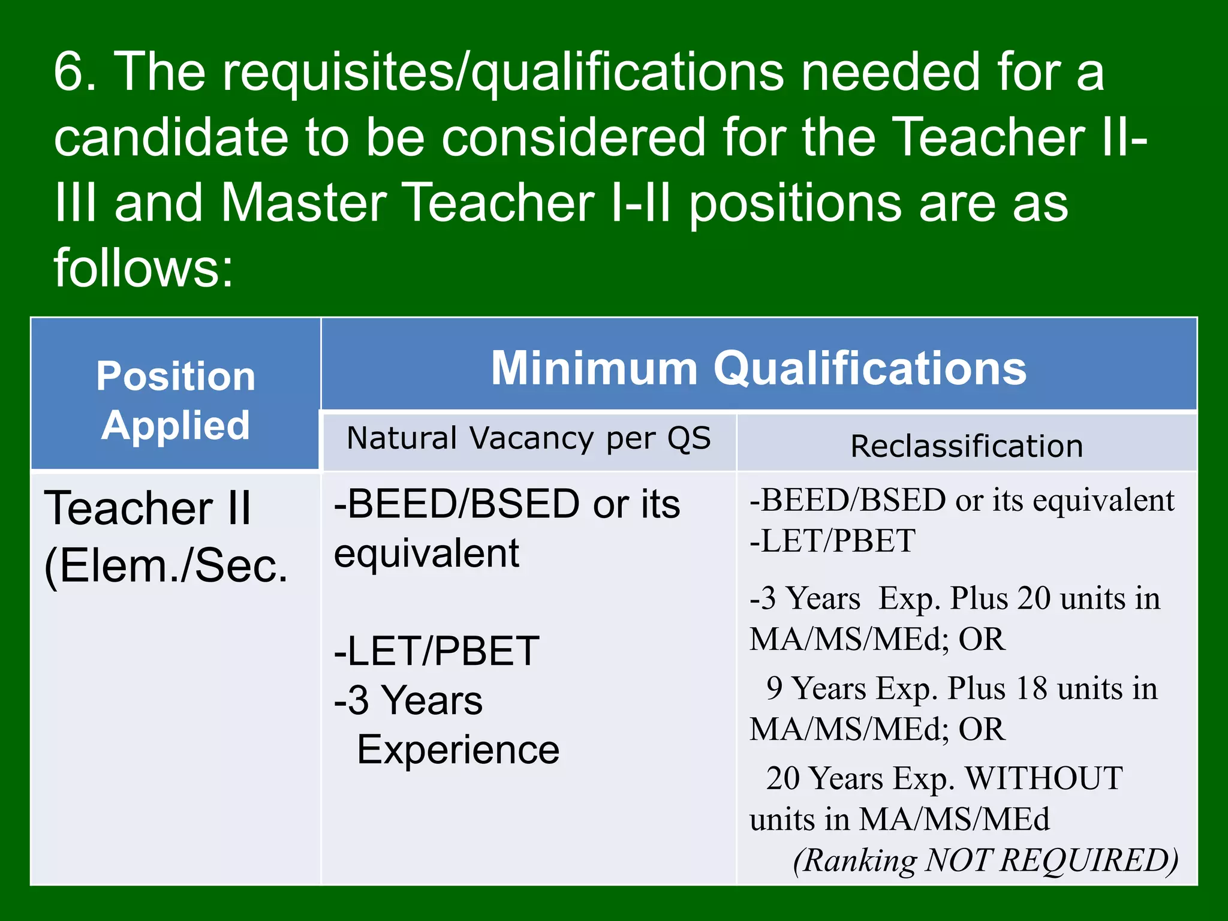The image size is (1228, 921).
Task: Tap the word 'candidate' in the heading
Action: point(171,138)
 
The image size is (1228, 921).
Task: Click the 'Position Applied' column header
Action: point(176,400)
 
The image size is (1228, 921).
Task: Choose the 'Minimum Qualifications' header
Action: point(759,368)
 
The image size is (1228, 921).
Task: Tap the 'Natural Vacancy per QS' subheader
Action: point(529,438)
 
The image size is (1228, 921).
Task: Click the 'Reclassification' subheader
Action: point(967,446)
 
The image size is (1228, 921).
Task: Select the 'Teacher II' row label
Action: point(148,508)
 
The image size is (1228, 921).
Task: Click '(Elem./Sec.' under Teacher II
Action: point(166,565)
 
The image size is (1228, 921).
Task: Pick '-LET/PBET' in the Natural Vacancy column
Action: point(437,651)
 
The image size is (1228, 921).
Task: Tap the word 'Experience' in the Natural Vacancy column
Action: point(458,750)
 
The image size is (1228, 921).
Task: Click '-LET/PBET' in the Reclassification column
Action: point(832,541)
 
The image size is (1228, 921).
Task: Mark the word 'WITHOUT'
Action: point(1043,778)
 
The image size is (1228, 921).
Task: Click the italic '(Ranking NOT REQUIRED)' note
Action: point(985,860)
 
